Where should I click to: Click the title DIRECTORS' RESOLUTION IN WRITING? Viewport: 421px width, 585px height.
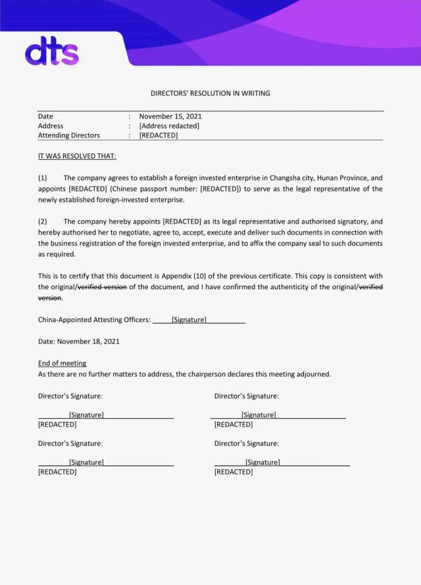[210, 93]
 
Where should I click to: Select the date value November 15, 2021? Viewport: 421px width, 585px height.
[170, 116]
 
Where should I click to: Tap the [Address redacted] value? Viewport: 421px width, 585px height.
[169, 126]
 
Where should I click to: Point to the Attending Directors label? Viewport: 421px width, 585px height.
[69, 135]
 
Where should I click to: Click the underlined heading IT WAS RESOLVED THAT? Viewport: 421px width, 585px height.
[77, 156]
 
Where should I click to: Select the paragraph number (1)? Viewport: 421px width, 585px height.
[43, 178]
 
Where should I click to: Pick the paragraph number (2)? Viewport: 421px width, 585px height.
[43, 222]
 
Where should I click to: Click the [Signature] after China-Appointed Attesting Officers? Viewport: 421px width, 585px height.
[189, 320]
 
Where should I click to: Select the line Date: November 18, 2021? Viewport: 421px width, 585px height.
[79, 342]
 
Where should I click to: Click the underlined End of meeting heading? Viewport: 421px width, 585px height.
[62, 363]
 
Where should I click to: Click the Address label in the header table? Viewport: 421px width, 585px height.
[51, 126]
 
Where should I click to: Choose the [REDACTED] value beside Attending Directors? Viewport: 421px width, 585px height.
[159, 135]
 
